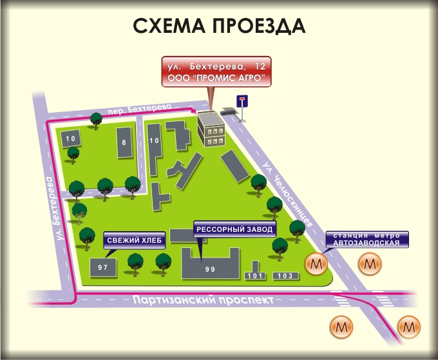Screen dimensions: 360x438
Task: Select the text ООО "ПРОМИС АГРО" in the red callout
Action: (216, 78)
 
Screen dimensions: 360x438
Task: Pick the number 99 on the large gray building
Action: (209, 269)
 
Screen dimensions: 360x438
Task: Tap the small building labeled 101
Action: (256, 276)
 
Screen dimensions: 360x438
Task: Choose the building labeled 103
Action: (285, 276)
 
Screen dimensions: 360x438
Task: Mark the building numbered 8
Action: (123, 142)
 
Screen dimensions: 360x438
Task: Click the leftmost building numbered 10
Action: (70, 138)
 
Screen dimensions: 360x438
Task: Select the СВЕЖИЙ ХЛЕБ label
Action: (135, 241)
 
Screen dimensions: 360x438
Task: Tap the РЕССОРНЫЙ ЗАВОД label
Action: (234, 229)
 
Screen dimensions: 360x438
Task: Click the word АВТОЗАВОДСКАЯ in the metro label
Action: (367, 243)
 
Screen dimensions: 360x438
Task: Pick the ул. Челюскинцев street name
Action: (287, 193)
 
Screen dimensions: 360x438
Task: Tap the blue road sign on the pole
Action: (243, 100)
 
